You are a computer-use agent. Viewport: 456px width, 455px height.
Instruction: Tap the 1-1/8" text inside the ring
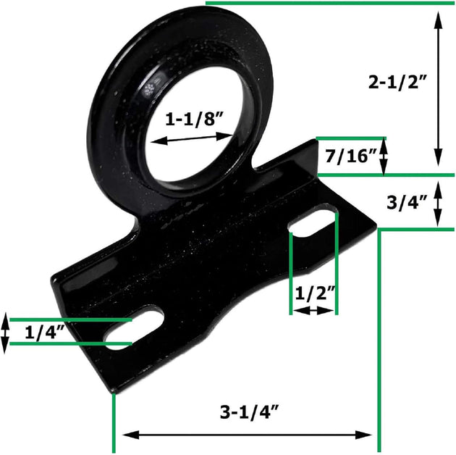pos(193,120)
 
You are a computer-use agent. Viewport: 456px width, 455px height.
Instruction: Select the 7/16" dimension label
pos(351,155)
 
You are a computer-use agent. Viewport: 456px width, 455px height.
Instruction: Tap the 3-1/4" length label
pos(250,413)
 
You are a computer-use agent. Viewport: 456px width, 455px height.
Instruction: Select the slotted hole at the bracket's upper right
pos(313,222)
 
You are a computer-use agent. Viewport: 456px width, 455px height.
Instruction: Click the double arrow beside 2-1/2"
pos(438,89)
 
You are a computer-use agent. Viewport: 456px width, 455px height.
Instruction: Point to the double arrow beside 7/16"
pos(384,155)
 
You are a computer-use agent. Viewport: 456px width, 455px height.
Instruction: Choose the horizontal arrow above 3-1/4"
pos(246,435)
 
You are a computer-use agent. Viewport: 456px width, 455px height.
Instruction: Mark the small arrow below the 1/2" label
pos(313,310)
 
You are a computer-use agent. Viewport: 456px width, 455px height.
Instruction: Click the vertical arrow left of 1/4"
pos(5,332)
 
